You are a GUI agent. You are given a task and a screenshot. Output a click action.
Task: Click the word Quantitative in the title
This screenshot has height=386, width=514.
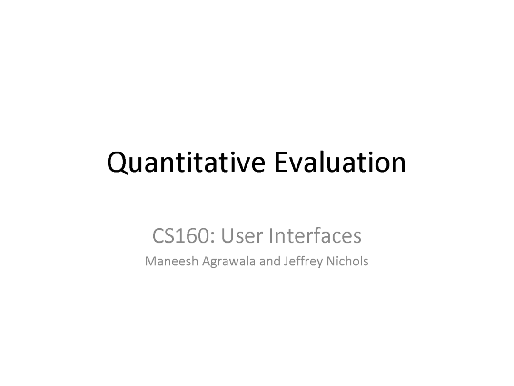coord(186,163)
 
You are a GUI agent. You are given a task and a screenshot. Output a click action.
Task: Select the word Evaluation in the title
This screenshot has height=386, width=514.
coord(340,162)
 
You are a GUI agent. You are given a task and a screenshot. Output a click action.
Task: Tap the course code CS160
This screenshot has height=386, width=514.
coord(181,236)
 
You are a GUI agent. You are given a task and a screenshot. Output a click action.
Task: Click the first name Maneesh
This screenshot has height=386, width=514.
coord(171,261)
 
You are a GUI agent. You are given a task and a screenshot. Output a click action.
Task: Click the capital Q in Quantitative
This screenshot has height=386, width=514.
coord(117,163)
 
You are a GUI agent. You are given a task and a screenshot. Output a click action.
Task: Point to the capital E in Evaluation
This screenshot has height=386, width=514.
coord(281,162)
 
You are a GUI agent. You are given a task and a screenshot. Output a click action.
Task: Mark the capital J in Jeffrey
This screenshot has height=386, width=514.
coord(286,262)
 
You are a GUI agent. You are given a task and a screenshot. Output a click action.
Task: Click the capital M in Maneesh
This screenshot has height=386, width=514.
coord(150,261)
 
